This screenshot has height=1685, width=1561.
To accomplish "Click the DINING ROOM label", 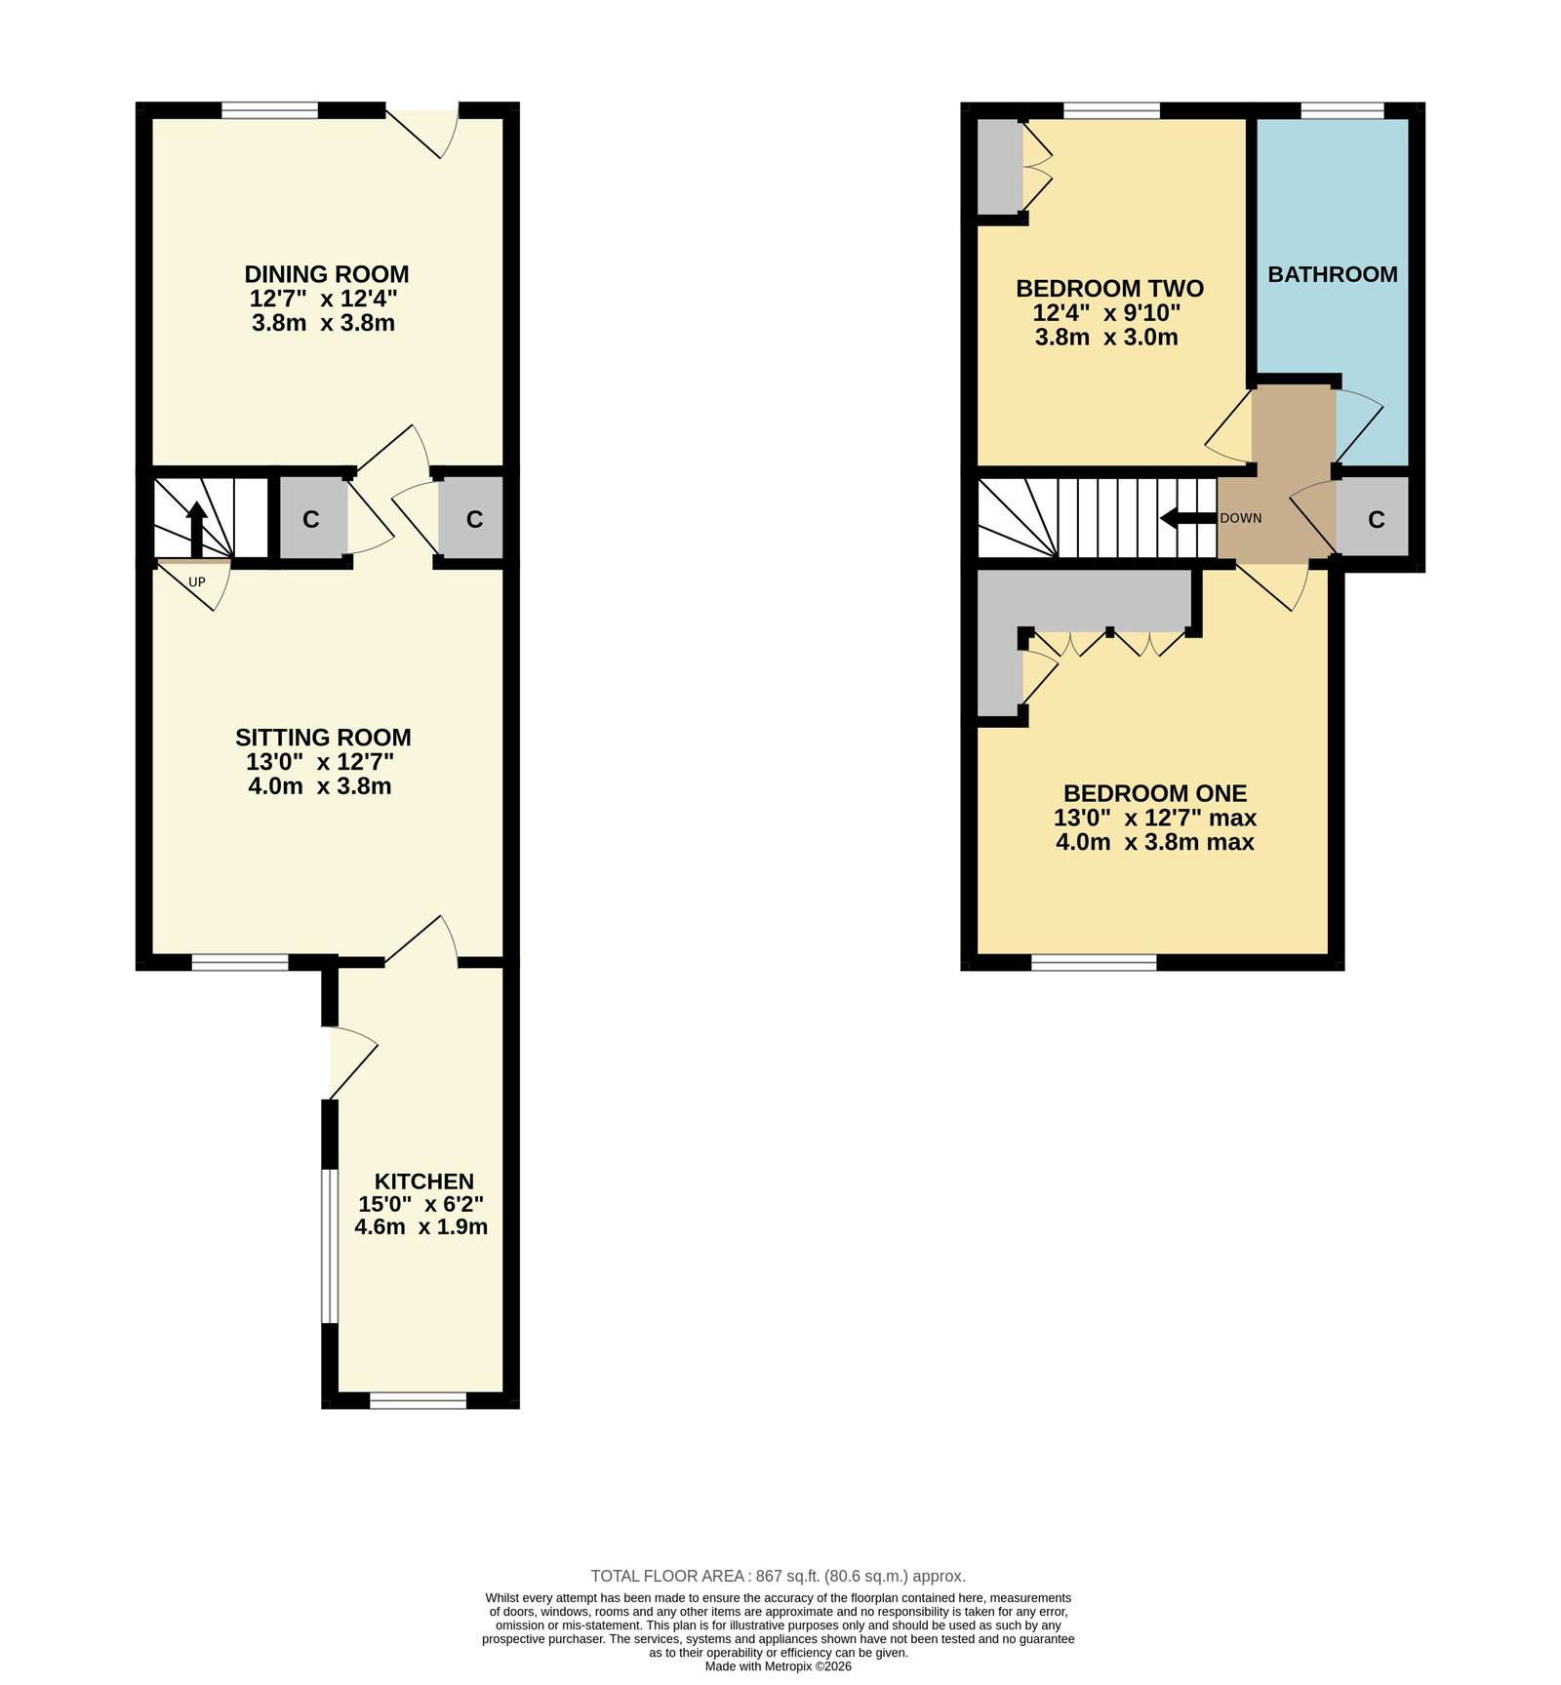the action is (326, 274).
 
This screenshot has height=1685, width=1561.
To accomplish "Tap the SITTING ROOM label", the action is (323, 738).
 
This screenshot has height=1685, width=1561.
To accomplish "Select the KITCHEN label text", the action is (424, 1182).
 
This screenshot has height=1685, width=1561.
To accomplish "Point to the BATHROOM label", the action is (1333, 274).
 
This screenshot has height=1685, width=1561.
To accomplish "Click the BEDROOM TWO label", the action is (1110, 289).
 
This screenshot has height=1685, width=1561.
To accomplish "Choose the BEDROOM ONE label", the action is (1155, 793).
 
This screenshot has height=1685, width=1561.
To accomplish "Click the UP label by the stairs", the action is (197, 582).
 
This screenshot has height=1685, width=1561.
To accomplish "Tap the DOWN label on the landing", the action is (1241, 518).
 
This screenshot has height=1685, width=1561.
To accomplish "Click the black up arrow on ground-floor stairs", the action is (197, 530).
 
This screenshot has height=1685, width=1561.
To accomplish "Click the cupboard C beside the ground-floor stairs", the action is (311, 519).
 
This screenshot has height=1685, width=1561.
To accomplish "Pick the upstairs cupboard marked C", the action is (1375, 519).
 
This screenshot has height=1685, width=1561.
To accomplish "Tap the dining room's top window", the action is (270, 110).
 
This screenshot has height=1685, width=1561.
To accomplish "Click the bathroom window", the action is (1342, 110).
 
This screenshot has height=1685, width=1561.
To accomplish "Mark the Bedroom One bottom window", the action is (1094, 963).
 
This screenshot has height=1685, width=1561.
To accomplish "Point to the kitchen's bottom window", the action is (419, 1400).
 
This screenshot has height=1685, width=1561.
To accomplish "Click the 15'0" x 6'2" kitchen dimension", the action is (421, 1205).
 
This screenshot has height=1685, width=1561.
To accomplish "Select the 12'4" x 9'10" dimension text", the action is (1107, 313).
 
